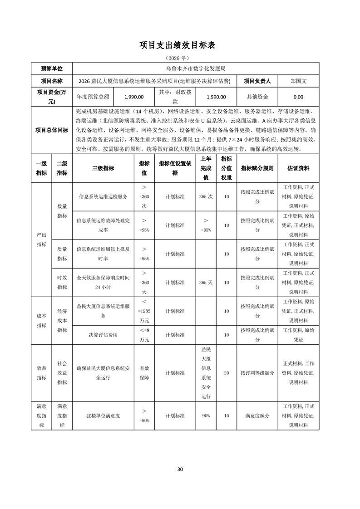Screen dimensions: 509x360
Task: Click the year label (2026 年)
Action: (180, 59)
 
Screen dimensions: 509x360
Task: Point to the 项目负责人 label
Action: (257, 81)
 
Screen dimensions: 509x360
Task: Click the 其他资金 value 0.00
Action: (298, 97)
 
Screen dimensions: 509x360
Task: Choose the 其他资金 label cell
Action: (257, 97)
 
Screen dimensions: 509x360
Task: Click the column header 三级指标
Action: (103, 168)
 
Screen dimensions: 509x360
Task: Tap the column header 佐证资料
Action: (298, 168)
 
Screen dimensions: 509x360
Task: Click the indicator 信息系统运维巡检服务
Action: (103, 197)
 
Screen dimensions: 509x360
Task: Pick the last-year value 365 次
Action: (206, 197)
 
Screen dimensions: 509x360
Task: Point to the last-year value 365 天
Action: (206, 282)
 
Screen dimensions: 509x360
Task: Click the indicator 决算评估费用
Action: (103, 335)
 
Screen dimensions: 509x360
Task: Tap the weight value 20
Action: (226, 373)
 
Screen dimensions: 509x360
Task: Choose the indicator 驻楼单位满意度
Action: (103, 415)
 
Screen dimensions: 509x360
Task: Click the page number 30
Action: (180, 469)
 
